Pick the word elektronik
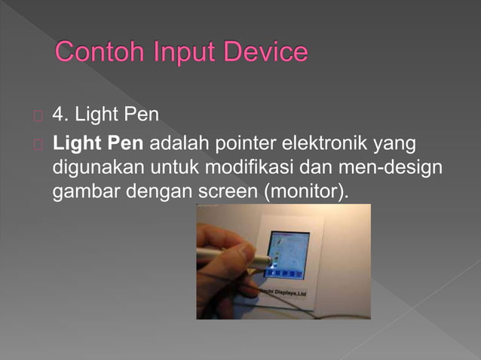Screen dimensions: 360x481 pyautogui.click(x=329, y=144)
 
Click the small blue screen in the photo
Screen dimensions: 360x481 pyautogui.click(x=290, y=250)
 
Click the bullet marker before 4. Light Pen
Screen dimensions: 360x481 pyautogui.click(x=38, y=117)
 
